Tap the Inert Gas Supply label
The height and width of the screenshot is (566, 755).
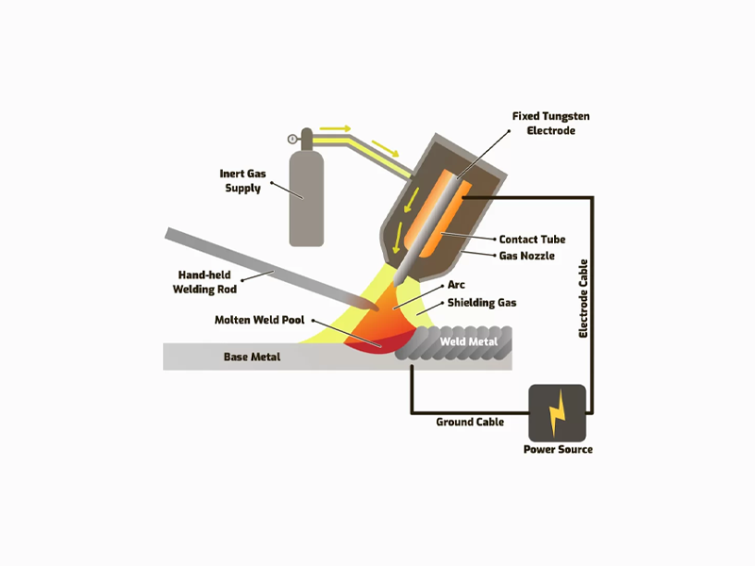pyautogui.click(x=242, y=180)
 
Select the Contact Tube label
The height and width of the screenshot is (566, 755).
pyautogui.click(x=532, y=240)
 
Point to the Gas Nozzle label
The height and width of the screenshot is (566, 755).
pyautogui.click(x=528, y=256)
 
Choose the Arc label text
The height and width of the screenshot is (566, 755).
pyautogui.click(x=457, y=284)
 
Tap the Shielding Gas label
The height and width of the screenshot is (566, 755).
pyautogui.click(x=481, y=303)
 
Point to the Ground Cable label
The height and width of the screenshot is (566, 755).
pyautogui.click(x=469, y=422)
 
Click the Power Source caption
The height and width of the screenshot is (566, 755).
pyautogui.click(x=558, y=449)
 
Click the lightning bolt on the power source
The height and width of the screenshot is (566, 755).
pyautogui.click(x=558, y=413)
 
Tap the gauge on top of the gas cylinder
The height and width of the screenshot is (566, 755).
pyautogui.click(x=294, y=139)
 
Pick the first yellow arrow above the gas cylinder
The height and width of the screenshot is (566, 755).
pyautogui.click(x=334, y=127)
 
